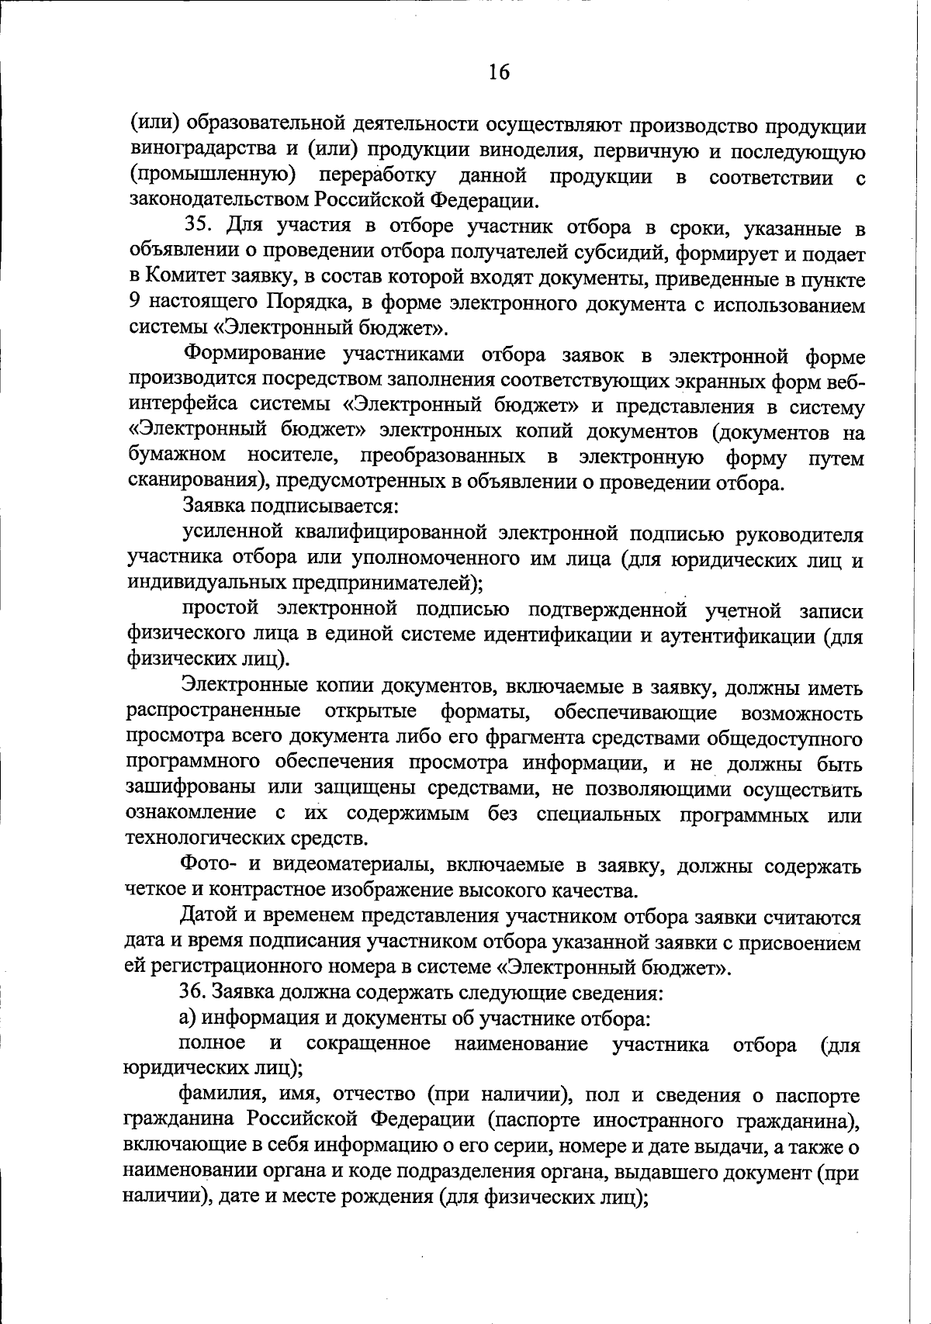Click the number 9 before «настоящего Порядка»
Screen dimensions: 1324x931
click(133, 305)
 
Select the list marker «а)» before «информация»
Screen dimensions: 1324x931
click(188, 1018)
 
